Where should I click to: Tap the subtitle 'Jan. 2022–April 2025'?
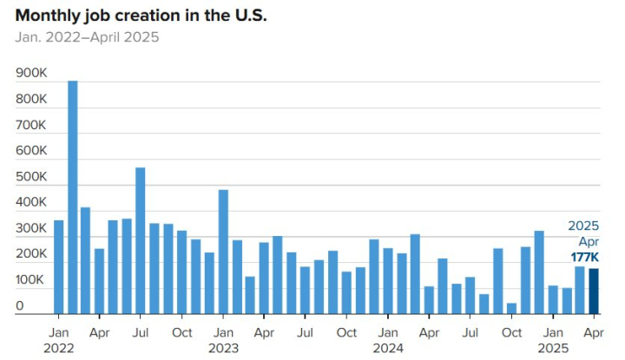(87, 37)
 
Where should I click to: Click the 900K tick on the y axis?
(31, 74)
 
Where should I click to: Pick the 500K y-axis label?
(31, 177)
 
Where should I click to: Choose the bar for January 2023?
(223, 252)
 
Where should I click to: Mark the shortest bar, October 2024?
(511, 308)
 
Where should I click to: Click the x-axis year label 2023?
(223, 348)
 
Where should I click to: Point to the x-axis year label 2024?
(388, 348)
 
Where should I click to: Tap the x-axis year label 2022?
(59, 348)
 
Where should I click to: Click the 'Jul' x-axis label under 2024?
(470, 332)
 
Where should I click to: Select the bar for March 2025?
(580, 290)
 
